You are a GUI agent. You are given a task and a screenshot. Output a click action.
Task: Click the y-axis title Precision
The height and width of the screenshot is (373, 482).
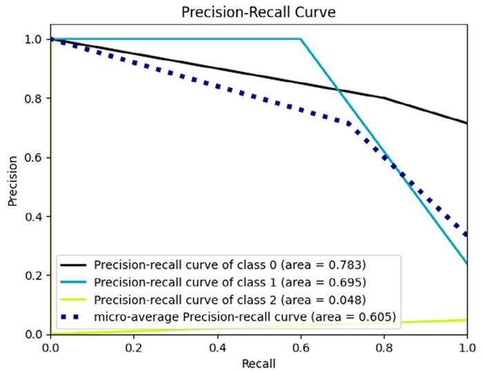(x=12, y=185)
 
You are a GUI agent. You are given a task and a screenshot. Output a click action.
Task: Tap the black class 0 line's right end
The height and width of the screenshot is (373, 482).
(x=467, y=123)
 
